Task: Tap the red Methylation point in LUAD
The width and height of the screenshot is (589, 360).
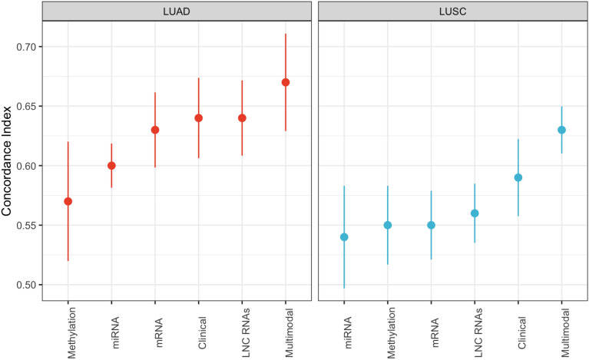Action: coord(68,201)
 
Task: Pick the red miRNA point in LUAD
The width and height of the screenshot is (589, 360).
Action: coord(111,166)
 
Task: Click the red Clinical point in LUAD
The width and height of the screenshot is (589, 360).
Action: coord(198,118)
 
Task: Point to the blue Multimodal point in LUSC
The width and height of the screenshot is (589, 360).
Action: coord(561,130)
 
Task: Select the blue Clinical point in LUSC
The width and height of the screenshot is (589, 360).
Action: coord(518,177)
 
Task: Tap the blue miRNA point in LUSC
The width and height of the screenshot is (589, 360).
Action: coord(344,237)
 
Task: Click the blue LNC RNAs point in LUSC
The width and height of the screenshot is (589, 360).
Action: coord(475,213)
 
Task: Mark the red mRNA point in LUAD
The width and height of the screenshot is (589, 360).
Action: coord(155,130)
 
